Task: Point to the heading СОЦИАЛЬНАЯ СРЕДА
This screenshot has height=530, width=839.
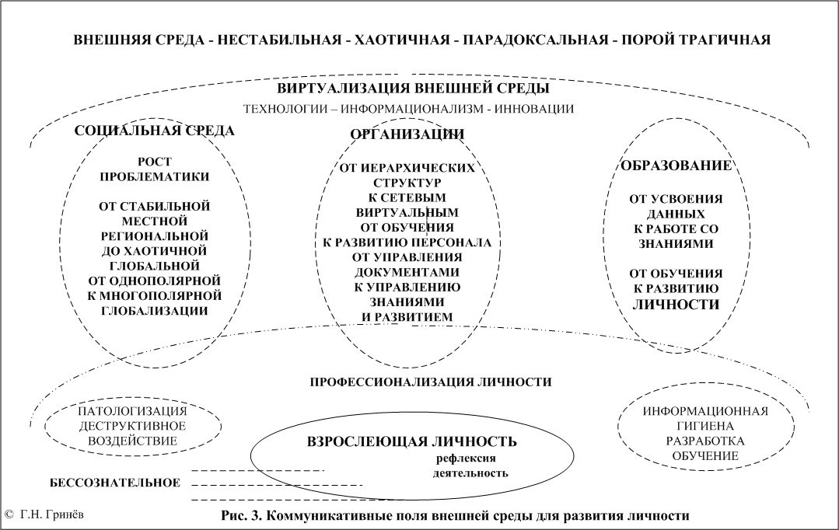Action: point(154,131)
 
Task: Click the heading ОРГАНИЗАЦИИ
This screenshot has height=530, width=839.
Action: point(407,134)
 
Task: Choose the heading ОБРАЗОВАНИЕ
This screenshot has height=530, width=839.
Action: point(676,166)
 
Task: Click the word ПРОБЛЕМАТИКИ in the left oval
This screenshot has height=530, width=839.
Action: point(155,176)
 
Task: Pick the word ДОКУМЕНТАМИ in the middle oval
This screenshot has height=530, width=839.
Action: point(407,272)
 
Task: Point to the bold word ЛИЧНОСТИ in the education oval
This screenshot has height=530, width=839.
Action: point(676,305)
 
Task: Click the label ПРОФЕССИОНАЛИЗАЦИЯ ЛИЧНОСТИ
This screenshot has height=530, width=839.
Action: point(431,382)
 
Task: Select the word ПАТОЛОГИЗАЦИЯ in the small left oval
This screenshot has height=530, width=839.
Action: point(133,411)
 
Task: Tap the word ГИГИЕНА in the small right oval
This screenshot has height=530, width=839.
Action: point(705,426)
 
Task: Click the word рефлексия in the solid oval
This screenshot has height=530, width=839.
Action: point(466,459)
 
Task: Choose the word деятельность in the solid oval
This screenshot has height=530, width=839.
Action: point(470,473)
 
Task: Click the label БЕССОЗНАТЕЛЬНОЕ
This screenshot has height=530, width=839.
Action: point(115,483)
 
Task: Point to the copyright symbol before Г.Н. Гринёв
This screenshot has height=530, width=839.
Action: point(8,515)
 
